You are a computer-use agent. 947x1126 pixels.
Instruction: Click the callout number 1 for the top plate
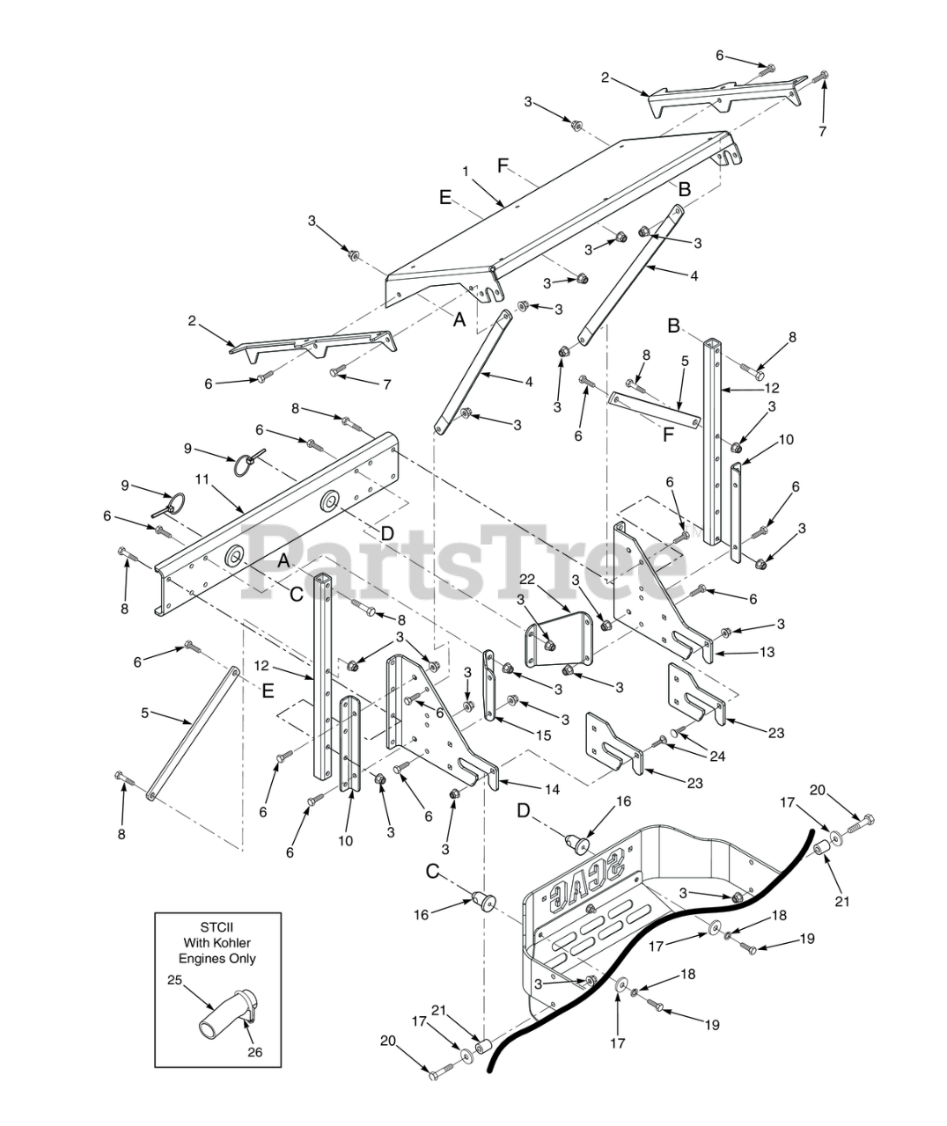(x=466, y=169)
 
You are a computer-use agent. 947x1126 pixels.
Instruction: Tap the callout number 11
(x=202, y=479)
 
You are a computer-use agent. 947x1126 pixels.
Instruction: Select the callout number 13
(x=767, y=653)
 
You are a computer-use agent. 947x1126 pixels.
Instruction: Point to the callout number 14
(x=552, y=789)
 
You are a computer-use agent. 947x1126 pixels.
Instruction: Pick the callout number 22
(x=527, y=577)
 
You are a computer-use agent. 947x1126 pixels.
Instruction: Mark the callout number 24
(x=719, y=755)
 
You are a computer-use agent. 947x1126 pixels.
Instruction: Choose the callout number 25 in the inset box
(x=174, y=978)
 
